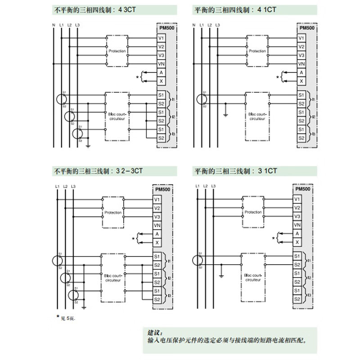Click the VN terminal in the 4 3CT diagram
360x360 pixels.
click(x=161, y=64)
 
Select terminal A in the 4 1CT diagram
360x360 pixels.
click(x=301, y=72)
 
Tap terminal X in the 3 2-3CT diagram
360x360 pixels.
click(x=157, y=243)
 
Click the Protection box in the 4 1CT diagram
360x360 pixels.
click(x=257, y=51)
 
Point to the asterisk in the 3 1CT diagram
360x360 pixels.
click(x=273, y=238)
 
